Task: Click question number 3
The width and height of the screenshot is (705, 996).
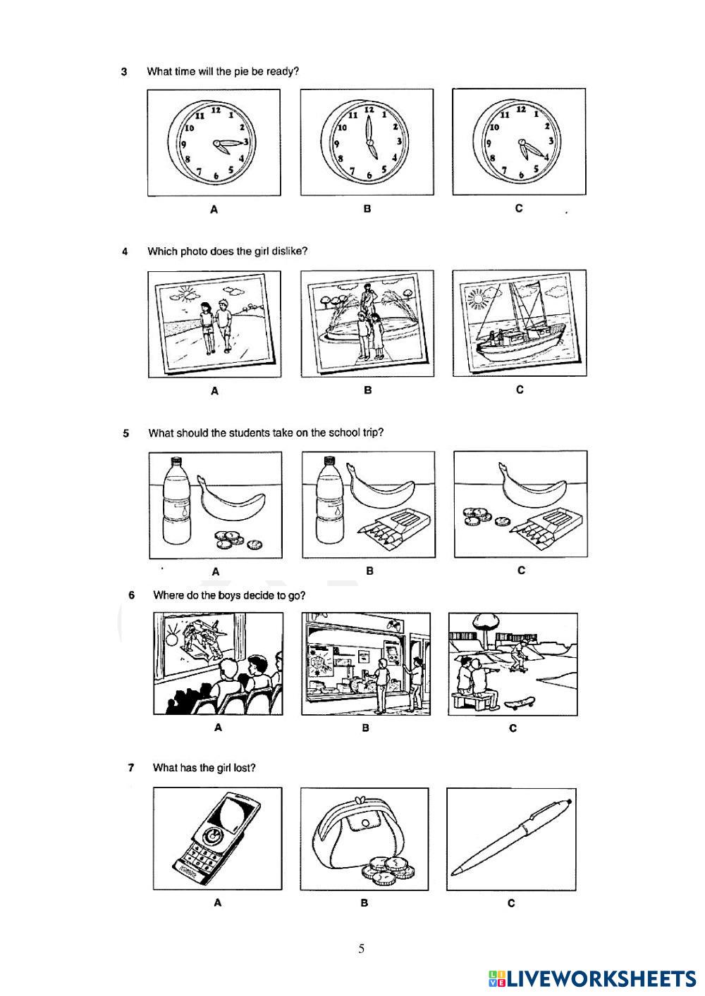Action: [124, 72]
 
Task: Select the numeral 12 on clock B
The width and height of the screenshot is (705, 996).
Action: [369, 109]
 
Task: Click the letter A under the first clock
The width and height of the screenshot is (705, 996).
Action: [214, 209]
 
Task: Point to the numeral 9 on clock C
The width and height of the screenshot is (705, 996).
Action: [489, 144]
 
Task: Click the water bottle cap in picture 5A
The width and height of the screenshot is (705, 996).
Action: [176, 461]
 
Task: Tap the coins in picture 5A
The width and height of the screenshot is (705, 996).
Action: [237, 539]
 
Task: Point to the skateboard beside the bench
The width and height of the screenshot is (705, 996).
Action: [520, 702]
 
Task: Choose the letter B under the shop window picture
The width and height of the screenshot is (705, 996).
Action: [365, 728]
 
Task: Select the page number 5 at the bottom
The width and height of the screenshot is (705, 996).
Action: [361, 949]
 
